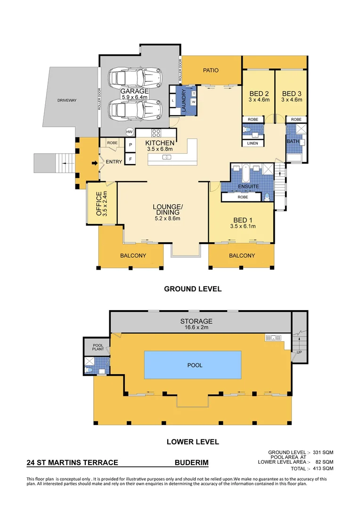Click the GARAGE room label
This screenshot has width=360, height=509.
(x=134, y=91)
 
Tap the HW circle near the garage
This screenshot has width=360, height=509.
(x=129, y=132)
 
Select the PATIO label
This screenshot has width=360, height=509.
(x=211, y=70)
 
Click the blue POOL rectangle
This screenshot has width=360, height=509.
(x=195, y=365)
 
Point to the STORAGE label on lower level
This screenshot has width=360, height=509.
(x=196, y=321)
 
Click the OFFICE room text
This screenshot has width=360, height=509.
(x=98, y=203)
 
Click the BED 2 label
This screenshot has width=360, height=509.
(x=258, y=93)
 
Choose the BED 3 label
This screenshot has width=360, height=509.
(x=291, y=93)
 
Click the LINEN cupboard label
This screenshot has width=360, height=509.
(x=253, y=143)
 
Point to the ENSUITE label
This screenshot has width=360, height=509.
(x=248, y=187)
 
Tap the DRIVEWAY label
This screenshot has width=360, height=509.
(x=67, y=100)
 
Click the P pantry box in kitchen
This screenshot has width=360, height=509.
(x=130, y=146)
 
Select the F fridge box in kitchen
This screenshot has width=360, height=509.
(x=130, y=159)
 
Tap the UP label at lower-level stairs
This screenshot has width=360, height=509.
(x=299, y=352)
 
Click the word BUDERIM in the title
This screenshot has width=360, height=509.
(x=191, y=463)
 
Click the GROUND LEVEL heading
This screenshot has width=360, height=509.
(x=192, y=289)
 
